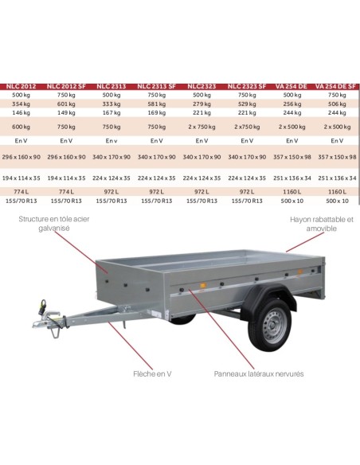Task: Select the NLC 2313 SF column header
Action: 158,84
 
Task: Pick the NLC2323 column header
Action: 202,84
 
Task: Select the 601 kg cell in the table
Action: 67,103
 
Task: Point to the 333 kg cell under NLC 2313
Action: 112,103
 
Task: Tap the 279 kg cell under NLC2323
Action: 202,103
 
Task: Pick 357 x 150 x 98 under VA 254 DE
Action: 292,156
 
